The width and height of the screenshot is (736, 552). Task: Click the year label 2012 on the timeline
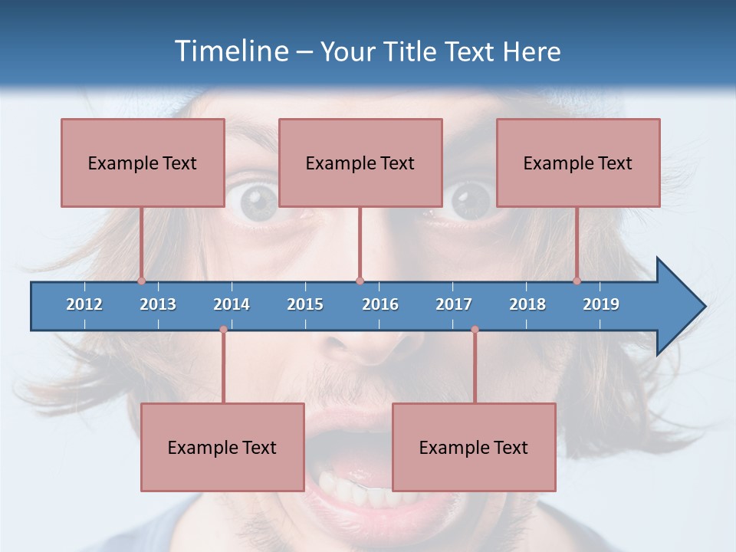[84, 304]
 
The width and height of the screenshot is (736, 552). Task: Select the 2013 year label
[158, 304]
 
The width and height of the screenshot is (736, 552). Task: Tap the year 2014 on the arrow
[232, 304]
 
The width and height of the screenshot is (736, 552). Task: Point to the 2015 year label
[305, 304]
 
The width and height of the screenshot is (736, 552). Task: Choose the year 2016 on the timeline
[380, 304]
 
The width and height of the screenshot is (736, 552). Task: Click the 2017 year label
[454, 304]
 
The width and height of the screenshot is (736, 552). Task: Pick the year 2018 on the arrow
[527, 304]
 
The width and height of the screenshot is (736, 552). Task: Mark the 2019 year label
[601, 304]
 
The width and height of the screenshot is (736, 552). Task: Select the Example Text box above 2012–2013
[143, 163]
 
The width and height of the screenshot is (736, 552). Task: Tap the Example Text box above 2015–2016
[360, 163]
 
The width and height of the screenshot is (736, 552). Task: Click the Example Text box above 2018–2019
[578, 163]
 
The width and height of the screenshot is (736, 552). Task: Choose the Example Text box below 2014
[222, 447]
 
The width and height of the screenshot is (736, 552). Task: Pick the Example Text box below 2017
[474, 447]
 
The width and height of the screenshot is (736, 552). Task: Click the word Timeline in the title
[230, 51]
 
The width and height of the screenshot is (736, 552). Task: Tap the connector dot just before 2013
[142, 281]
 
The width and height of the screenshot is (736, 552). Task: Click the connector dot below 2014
[223, 330]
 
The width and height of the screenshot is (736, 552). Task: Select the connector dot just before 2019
[577, 281]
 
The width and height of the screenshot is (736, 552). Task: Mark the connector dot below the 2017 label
[475, 330]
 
